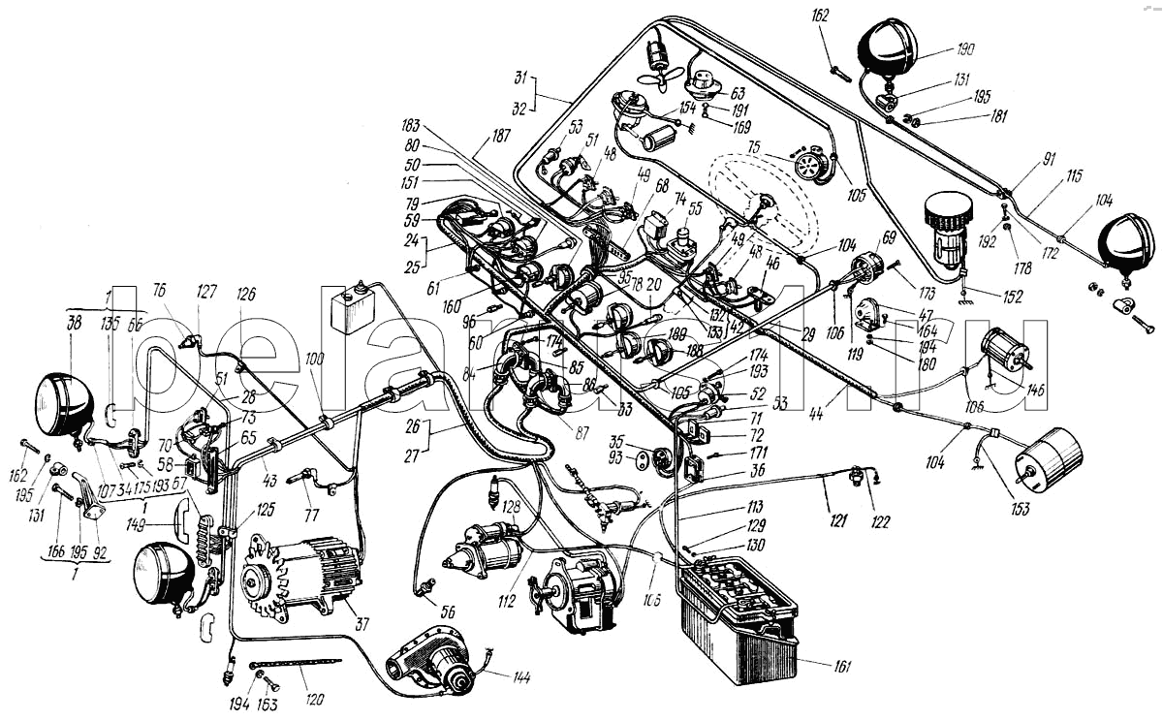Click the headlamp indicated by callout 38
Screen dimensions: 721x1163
point(64,397)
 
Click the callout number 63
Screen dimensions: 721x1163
point(738,93)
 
